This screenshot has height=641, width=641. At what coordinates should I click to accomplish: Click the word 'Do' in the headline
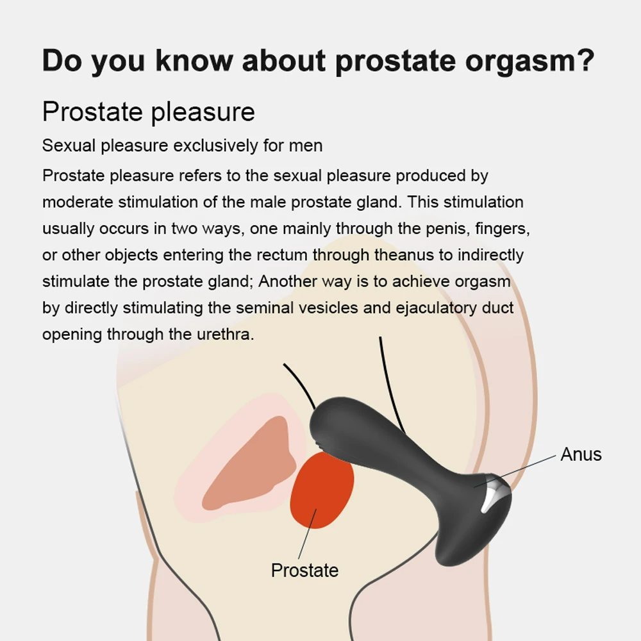(x=62, y=60)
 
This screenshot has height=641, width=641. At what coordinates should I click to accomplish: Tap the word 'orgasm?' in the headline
(x=529, y=62)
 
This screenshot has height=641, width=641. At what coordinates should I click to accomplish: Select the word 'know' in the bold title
(x=194, y=60)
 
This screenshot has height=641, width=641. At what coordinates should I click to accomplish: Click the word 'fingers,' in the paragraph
(x=503, y=229)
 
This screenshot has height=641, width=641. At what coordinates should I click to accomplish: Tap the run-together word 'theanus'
(x=404, y=255)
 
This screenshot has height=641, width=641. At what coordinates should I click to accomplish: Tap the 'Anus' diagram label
(x=581, y=454)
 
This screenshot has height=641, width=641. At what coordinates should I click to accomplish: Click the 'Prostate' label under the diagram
(x=305, y=570)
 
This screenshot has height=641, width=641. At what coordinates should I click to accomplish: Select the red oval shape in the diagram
(x=322, y=490)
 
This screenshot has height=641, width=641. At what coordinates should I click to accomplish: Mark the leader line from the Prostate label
(x=308, y=534)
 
